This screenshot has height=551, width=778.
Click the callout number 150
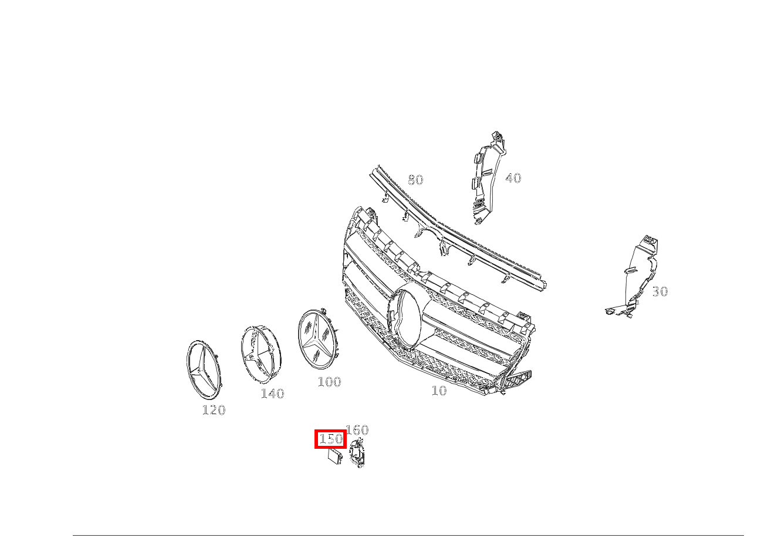tap(330, 439)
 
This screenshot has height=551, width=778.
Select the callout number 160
tap(357, 430)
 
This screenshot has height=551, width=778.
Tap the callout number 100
tap(329, 382)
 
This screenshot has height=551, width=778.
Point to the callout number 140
tap(272, 394)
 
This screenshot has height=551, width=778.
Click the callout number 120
tap(214, 410)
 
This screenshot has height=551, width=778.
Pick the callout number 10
tap(439, 391)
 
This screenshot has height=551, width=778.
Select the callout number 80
tap(415, 180)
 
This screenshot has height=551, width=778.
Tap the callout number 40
tap(513, 178)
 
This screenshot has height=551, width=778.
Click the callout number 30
tap(659, 291)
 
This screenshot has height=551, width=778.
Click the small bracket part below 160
tap(356, 455)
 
